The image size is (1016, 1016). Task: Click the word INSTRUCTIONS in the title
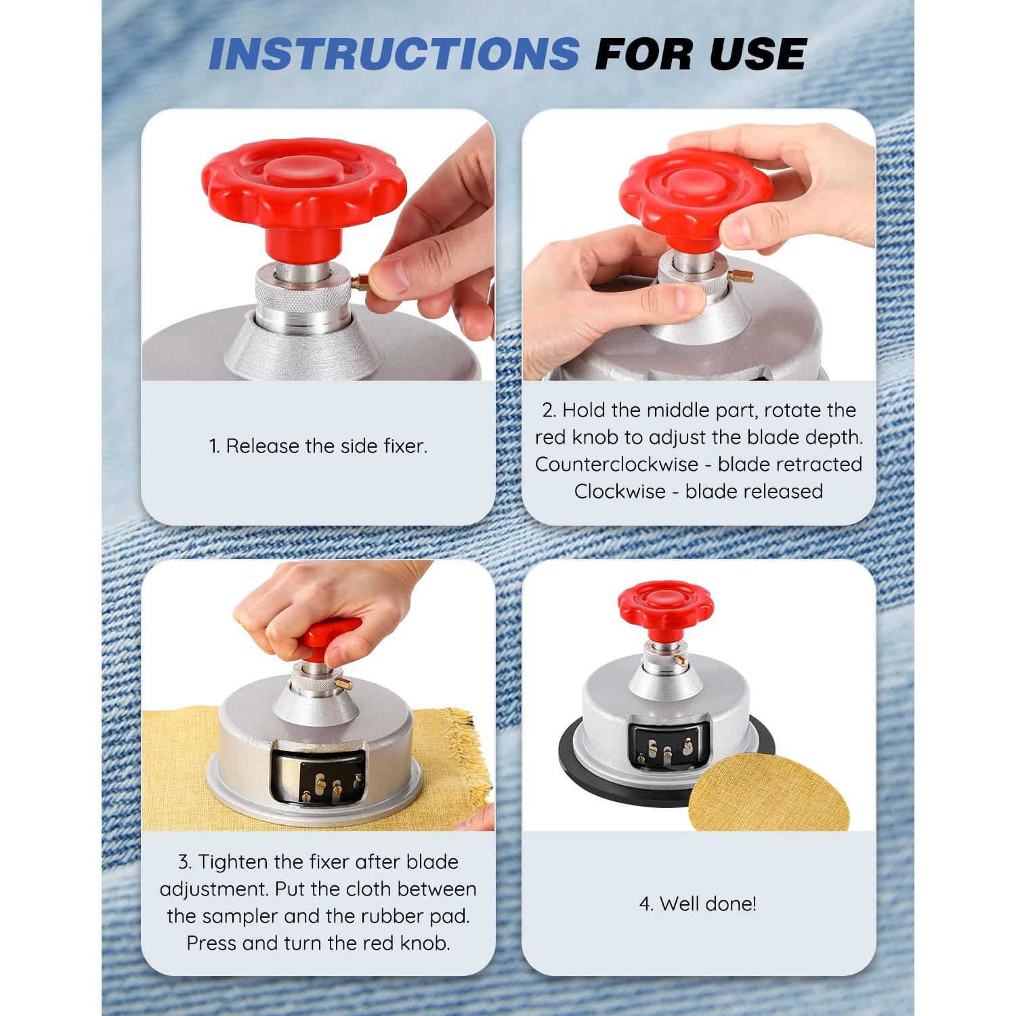pyautogui.click(x=394, y=54)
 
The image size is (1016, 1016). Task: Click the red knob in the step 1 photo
pyautogui.click(x=304, y=197)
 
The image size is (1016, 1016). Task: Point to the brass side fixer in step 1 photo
pyautogui.click(x=360, y=282)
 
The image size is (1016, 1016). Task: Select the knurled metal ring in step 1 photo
pyautogui.click(x=303, y=292)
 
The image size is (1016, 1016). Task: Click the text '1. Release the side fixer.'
pyautogui.click(x=318, y=446)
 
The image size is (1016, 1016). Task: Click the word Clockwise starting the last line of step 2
pyautogui.click(x=620, y=491)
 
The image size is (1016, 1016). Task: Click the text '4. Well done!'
pyautogui.click(x=698, y=904)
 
